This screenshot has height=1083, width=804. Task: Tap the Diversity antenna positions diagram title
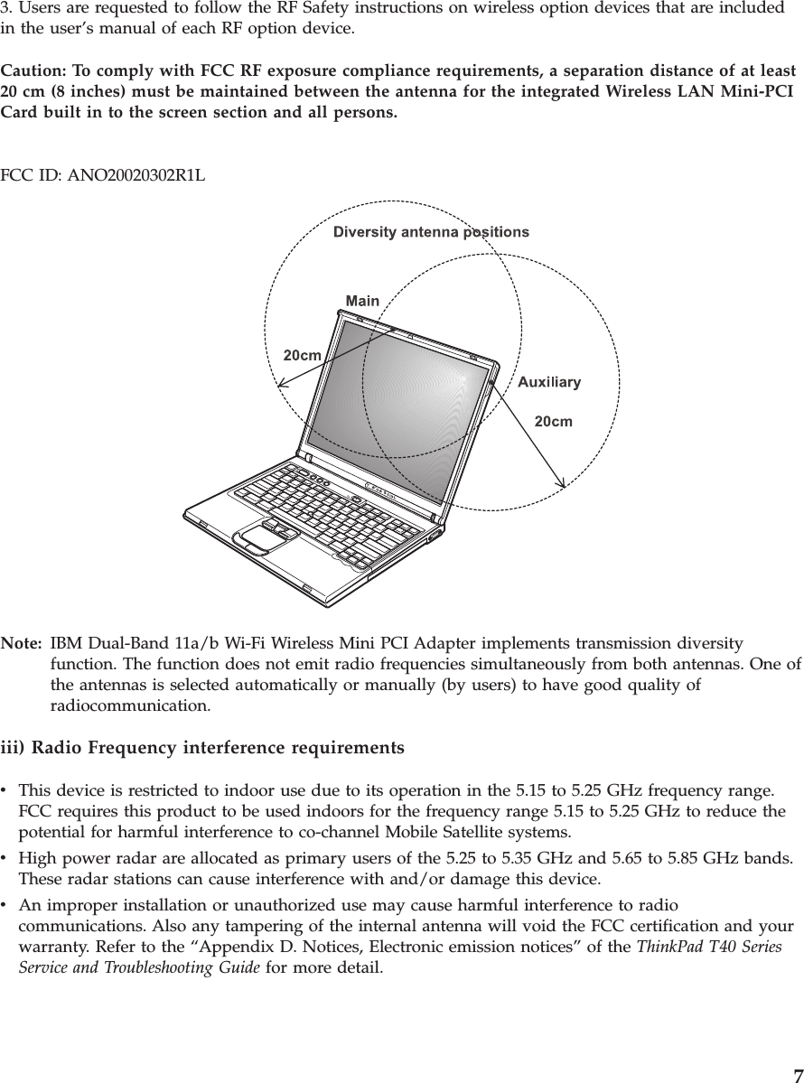[431, 232]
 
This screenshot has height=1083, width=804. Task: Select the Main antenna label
[362, 300]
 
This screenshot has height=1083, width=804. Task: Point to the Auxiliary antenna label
[549, 382]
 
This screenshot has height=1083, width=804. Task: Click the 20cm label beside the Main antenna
[303, 355]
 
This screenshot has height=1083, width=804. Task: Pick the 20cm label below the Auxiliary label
[554, 420]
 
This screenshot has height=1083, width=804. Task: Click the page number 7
[796, 1074]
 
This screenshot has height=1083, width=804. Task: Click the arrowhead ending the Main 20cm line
[280, 383]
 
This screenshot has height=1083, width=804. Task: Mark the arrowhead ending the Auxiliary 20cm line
[562, 485]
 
